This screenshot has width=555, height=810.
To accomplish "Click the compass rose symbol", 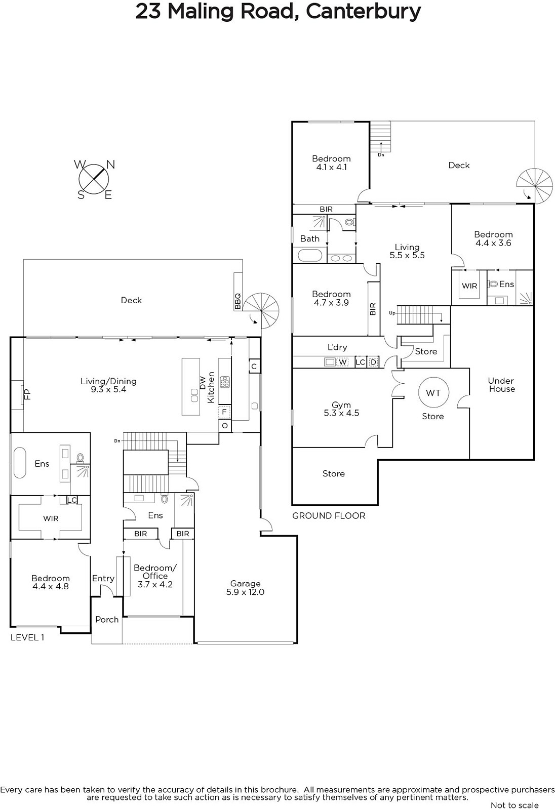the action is [x=94, y=179].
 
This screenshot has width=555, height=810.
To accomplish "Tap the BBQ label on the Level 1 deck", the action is [x=237, y=301].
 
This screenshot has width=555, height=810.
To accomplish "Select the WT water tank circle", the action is [x=433, y=392].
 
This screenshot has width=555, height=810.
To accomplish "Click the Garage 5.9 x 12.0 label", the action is [x=245, y=588].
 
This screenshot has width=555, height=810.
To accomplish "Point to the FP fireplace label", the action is [x=27, y=394].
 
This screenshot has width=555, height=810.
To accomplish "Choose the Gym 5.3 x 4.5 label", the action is [x=341, y=409].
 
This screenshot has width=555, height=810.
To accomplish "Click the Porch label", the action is [x=107, y=620].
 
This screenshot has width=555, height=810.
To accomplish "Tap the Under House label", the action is [x=501, y=385].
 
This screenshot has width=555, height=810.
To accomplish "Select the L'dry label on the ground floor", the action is [x=337, y=347].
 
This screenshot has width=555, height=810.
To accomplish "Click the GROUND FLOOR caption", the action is [x=329, y=516].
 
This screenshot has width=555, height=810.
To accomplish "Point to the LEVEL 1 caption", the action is [x=27, y=637].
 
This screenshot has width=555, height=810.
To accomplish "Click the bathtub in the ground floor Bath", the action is [x=310, y=255].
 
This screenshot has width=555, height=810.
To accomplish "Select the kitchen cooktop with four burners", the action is [x=225, y=382].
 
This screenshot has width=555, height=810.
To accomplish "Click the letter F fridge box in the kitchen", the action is [x=224, y=412].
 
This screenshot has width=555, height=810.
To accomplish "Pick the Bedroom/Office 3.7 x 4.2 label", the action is [x=155, y=576].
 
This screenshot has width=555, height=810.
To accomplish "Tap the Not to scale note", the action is [x=514, y=805].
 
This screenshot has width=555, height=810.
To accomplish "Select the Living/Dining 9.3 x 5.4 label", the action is [x=108, y=385].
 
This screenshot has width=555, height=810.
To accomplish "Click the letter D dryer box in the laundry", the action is [x=373, y=362].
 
